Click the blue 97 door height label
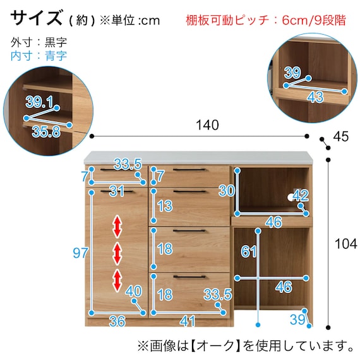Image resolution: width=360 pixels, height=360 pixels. pyautogui.click(x=80, y=253)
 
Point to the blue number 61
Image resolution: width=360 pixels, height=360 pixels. pyautogui.click(x=249, y=252)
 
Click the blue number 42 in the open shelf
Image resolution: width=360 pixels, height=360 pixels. pyautogui.click(x=300, y=196)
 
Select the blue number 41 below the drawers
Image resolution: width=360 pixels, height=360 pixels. pyautogui.click(x=186, y=321)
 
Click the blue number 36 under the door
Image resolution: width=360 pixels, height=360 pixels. pyautogui.click(x=117, y=321)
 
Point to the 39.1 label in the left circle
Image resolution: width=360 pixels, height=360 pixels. pyautogui.click(x=39, y=102)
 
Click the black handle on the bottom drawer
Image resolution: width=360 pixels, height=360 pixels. pyautogui.click(x=189, y=277)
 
